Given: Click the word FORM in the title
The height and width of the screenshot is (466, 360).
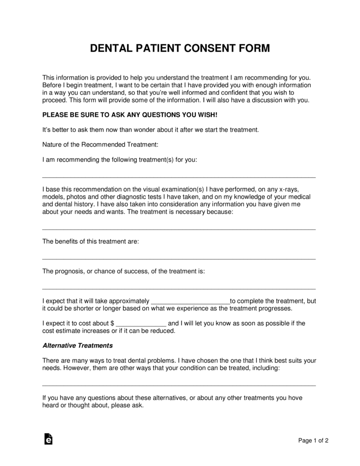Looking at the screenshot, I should coord(253,49).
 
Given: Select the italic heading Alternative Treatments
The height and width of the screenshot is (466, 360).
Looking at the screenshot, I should coord(77,346).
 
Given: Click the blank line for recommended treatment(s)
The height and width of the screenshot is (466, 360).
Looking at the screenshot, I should coord(179,177).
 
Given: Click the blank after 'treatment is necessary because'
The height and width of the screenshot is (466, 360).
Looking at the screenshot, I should coord(179,229).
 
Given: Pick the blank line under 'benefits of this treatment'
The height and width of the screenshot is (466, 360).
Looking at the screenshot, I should coord(179,258).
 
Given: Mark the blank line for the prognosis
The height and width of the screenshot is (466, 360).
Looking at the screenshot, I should coord(179,288).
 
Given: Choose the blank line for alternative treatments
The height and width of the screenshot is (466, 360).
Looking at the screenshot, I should coord(179,385).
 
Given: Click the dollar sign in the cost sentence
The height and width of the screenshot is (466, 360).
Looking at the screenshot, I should coord(112,323).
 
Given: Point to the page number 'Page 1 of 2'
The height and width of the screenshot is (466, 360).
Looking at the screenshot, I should coord(313,440).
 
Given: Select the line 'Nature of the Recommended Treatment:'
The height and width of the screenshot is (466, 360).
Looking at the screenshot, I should coord(96,144).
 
